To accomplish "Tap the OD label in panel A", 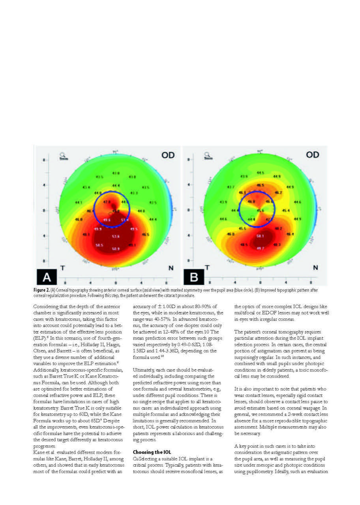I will click(168, 155).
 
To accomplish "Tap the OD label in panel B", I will click(313, 155).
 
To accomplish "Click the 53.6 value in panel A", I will click(116, 236).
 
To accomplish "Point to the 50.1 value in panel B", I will click(259, 236).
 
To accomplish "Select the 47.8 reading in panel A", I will click(107, 202).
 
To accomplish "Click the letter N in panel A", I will click(171, 268).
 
